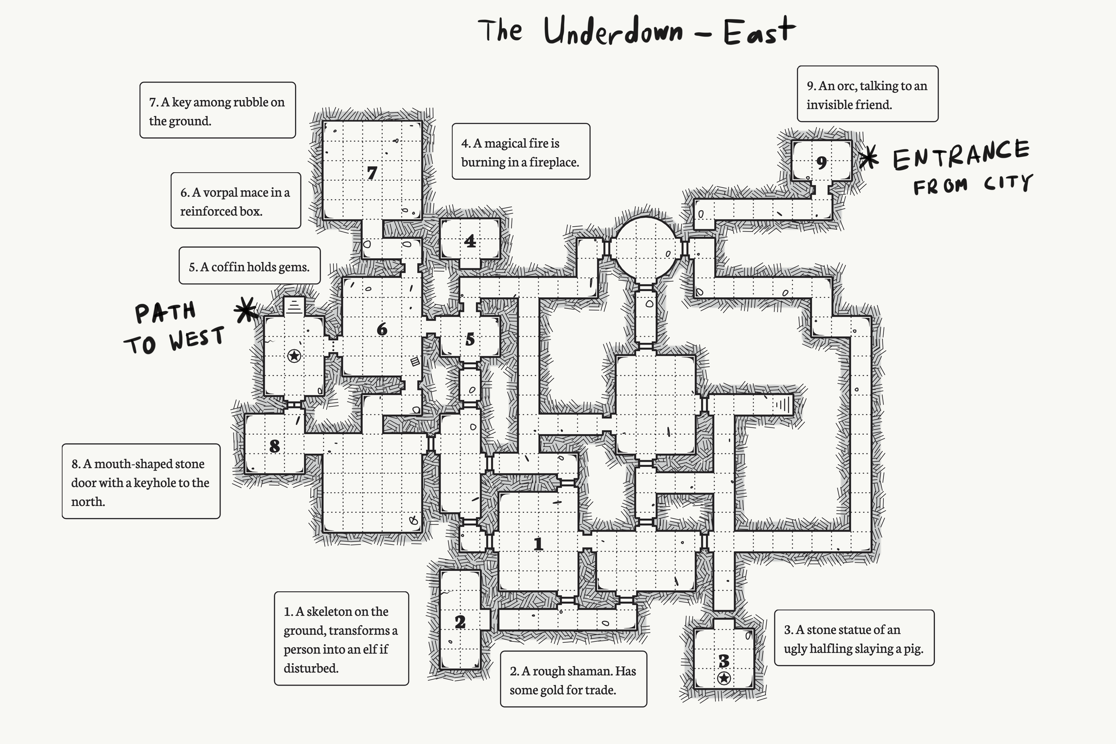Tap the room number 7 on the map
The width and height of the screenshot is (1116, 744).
(x=372, y=173)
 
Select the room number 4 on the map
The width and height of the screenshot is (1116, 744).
(x=470, y=241)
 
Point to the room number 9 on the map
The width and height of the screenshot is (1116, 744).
(x=821, y=163)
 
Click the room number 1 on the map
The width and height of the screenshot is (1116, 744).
(x=537, y=544)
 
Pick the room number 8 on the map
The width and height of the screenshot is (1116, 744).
(x=274, y=446)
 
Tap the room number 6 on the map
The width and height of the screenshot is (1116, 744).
(x=382, y=329)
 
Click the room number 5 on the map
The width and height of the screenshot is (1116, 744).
(x=470, y=339)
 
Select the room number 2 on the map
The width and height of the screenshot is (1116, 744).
(x=460, y=622)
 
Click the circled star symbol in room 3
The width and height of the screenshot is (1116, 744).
(x=724, y=678)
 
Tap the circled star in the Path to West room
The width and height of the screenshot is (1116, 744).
(x=294, y=355)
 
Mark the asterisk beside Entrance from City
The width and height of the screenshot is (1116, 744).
(x=869, y=158)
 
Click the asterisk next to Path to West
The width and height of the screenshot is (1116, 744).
(x=246, y=310)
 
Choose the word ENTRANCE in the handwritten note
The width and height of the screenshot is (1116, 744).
(x=960, y=155)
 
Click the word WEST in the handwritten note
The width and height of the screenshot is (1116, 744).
(x=196, y=338)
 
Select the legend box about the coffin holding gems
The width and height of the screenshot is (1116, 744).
(x=249, y=266)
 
